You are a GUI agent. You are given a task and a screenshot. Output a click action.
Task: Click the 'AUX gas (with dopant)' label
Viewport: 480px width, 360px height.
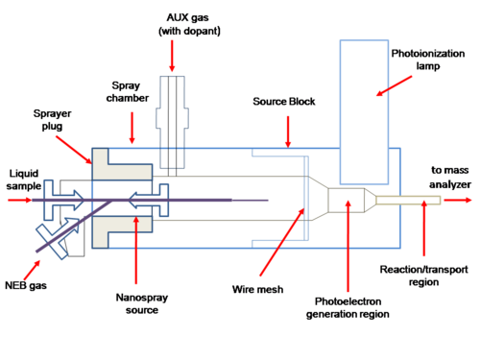189,24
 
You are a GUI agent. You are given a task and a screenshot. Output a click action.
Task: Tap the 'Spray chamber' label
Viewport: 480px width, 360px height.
128,91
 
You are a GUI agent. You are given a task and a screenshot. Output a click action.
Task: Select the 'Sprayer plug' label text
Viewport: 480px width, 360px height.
52,120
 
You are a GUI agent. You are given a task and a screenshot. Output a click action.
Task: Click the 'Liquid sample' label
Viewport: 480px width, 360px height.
24,180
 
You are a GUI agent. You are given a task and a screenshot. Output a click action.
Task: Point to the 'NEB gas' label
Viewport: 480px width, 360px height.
26,285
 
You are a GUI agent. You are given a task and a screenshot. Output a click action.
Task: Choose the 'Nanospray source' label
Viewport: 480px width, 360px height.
142,303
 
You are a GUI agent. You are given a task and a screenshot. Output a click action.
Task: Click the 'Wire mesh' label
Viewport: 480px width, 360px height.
257,289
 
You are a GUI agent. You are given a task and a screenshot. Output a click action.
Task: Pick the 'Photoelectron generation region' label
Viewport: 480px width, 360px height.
348,307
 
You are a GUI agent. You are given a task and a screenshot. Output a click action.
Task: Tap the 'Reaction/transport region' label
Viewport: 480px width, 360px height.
423,276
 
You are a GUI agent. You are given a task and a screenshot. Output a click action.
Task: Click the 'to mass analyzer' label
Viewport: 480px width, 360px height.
450,177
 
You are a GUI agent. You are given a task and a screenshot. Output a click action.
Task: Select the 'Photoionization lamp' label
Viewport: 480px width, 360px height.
428,60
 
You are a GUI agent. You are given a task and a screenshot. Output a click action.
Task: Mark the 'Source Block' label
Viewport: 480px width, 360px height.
284,102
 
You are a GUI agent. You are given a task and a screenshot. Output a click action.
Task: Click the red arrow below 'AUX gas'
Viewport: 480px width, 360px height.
172,56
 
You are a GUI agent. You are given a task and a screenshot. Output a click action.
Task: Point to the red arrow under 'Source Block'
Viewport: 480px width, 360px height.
288,132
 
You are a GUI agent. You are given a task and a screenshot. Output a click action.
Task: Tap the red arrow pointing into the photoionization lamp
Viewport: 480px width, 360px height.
394,85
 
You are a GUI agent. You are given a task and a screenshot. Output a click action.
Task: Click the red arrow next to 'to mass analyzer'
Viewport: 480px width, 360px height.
458,200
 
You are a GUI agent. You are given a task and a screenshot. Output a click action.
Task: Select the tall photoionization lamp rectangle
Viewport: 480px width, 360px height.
364,112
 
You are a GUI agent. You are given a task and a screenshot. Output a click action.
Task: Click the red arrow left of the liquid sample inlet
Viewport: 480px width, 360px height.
19,201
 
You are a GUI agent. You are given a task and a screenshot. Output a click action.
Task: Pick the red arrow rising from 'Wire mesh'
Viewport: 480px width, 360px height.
282,242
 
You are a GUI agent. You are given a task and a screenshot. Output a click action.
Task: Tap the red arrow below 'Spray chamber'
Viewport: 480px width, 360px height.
132,128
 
